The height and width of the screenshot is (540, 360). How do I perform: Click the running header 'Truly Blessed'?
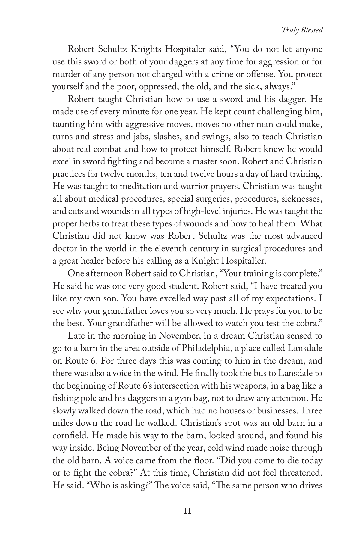click(302, 30)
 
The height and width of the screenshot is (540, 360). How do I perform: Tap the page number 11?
click(187, 511)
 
